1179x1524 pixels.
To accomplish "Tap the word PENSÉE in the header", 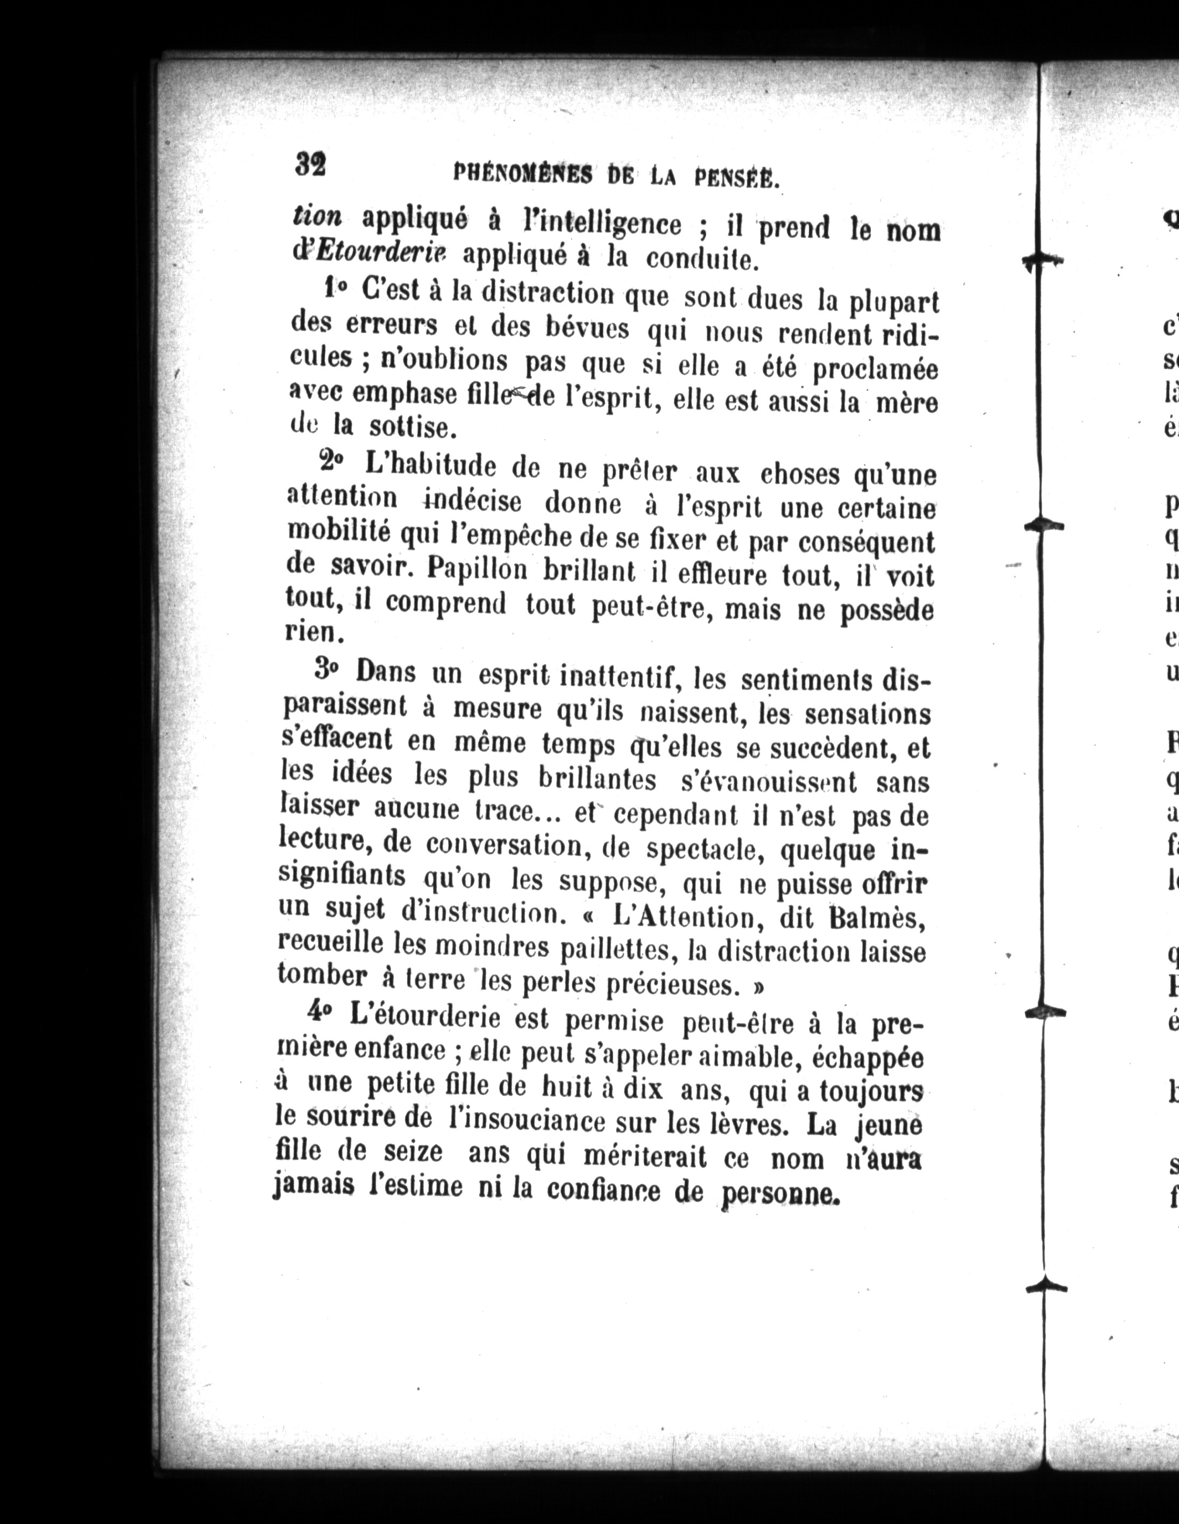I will click(737, 179).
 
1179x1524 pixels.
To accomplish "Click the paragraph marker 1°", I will click(336, 289).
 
